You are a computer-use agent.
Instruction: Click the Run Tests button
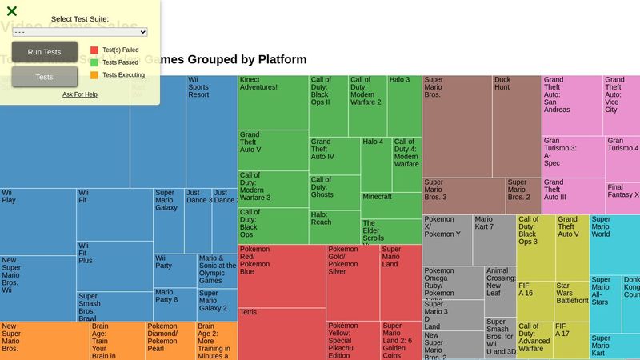point(45,52)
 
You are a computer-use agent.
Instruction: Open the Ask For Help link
point(80,94)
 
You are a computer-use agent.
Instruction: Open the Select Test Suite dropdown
point(80,32)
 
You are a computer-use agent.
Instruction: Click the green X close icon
point(12,11)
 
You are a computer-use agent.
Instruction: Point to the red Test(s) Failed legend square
point(94,50)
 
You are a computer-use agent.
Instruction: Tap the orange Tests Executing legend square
point(94,75)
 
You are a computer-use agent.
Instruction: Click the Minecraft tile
point(391,205)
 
